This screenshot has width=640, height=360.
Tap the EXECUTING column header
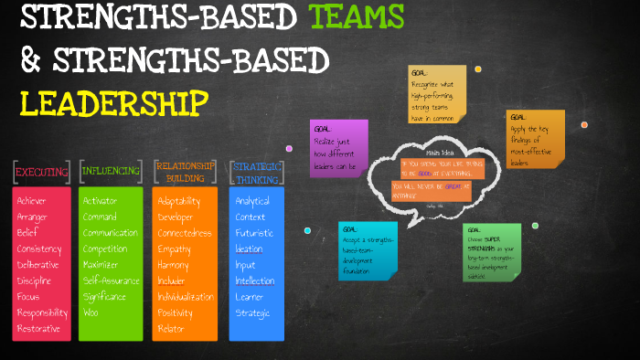coord(41,171)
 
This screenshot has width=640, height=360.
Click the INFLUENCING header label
coord(111,171)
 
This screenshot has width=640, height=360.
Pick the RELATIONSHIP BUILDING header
coord(186,172)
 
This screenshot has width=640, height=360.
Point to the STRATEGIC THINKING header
coord(257,172)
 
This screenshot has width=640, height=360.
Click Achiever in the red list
coord(34,200)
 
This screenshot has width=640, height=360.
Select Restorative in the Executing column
coord(39,329)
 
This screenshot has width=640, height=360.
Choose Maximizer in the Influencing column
coord(103,265)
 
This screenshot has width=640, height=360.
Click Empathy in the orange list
coord(176,249)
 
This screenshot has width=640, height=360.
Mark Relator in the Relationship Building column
coord(171,329)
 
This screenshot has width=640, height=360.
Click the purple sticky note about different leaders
coord(339,145)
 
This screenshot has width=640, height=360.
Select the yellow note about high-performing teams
coord(438,95)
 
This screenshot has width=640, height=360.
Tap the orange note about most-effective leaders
coord(534,139)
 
